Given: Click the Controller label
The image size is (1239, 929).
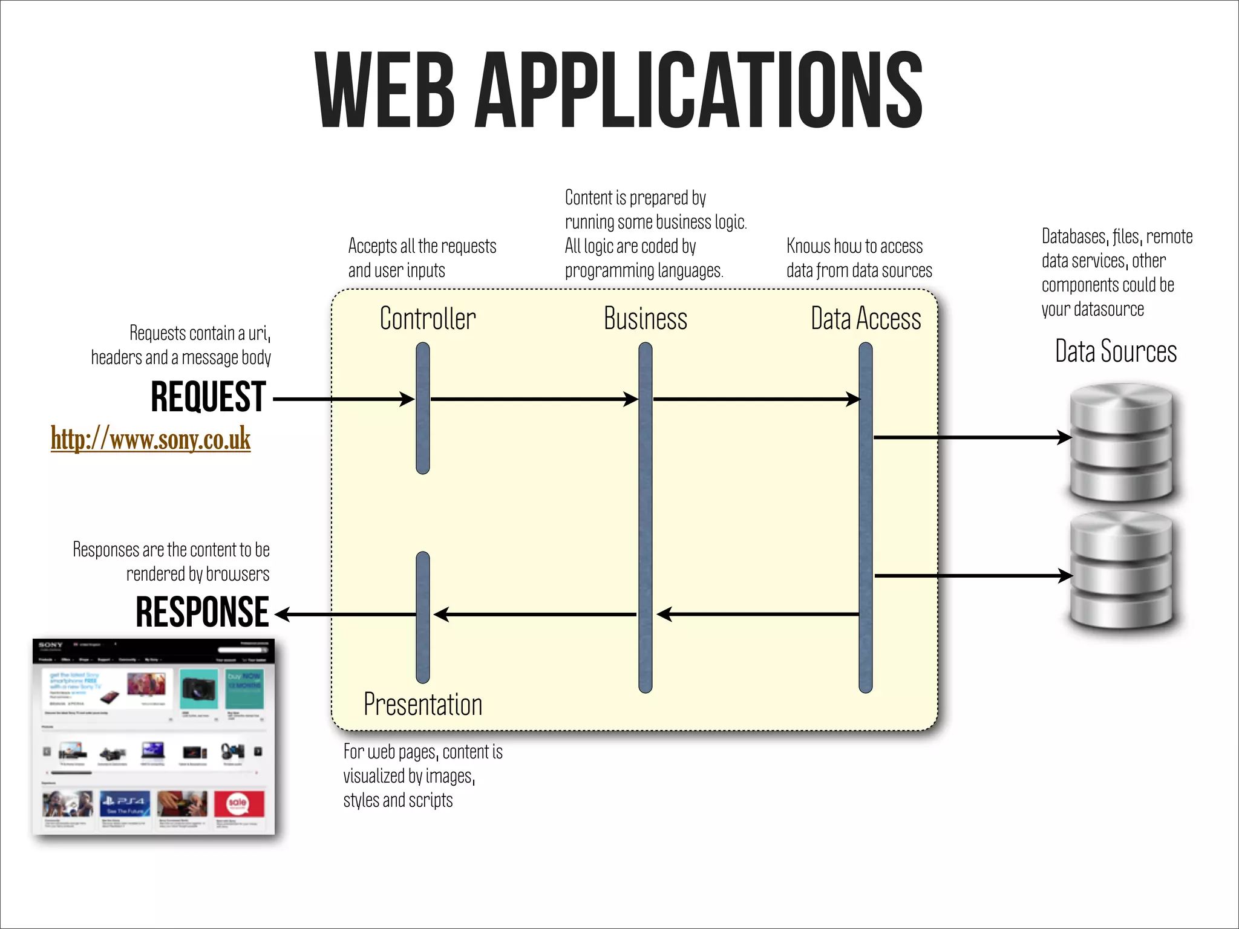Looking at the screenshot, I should pyautogui.click(x=428, y=319).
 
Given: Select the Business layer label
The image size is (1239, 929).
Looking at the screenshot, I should pyautogui.click(x=646, y=319).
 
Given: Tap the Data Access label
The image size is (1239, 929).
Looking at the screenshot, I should pyautogui.click(x=866, y=319).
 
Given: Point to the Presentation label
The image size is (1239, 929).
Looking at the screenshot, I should pyautogui.click(x=423, y=705).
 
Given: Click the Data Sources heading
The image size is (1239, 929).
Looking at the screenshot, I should pyautogui.click(x=1116, y=351).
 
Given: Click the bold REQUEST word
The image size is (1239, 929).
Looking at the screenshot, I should pyautogui.click(x=208, y=397).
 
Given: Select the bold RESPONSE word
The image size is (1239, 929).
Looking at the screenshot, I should pyautogui.click(x=202, y=612).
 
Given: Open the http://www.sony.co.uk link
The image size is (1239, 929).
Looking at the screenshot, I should pyautogui.click(x=151, y=438).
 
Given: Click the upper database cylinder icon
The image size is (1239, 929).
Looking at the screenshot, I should pyautogui.click(x=1122, y=443).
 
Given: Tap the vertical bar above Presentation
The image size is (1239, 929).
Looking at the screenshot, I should pyautogui.click(x=423, y=617).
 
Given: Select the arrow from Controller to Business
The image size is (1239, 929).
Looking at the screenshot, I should pyautogui.click(x=532, y=399).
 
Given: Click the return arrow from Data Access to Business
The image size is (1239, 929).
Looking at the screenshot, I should pyautogui.click(x=756, y=614).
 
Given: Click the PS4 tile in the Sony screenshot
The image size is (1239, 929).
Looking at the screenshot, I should pyautogui.click(x=125, y=804).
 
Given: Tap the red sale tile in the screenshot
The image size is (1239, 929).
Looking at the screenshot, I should pyautogui.click(x=239, y=804).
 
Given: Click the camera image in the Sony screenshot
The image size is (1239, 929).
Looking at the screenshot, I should pyautogui.click(x=199, y=688).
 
